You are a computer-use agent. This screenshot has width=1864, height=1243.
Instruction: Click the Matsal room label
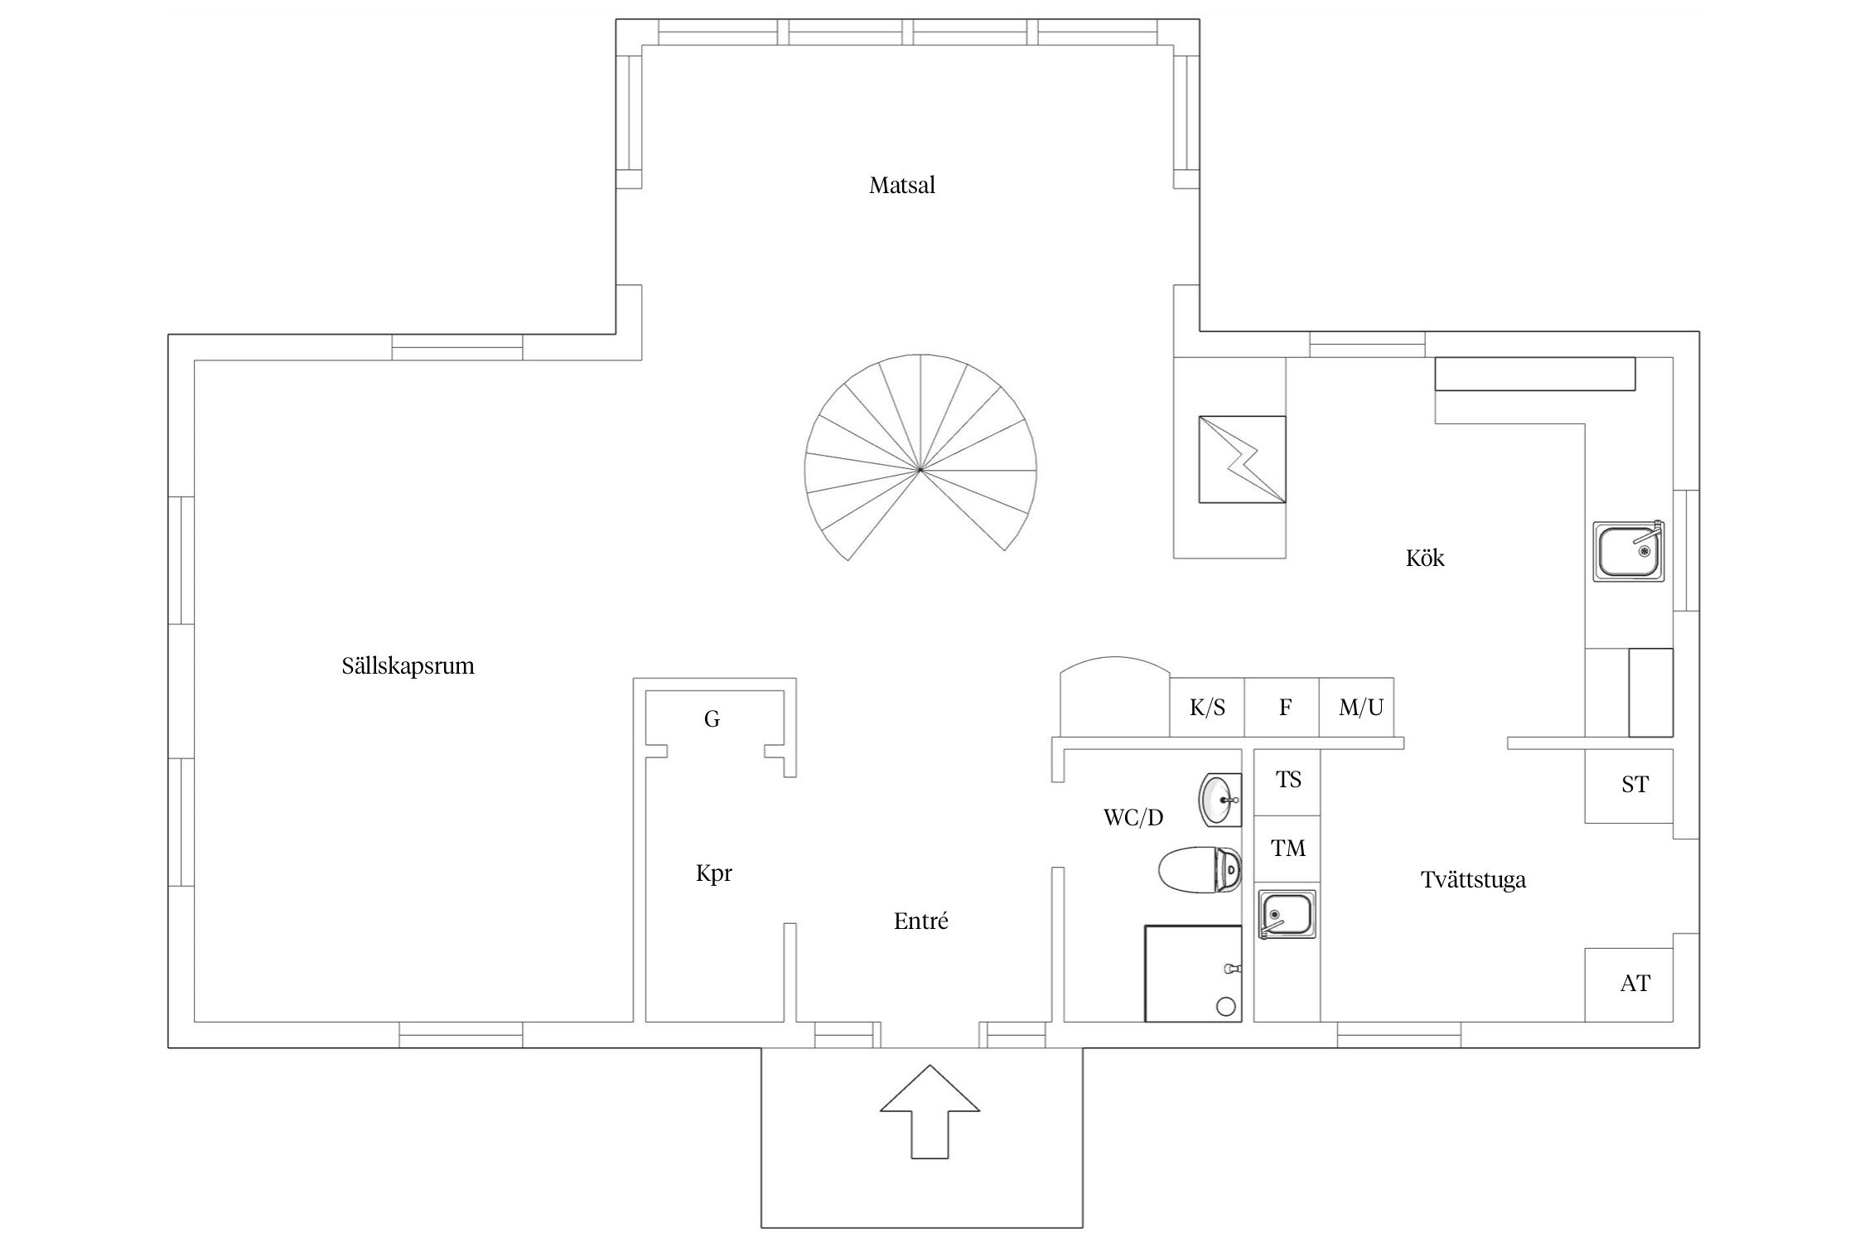coord(901,185)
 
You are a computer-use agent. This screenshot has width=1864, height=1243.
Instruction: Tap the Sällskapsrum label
coord(408,666)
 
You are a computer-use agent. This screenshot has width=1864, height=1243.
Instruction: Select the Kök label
coord(1425,558)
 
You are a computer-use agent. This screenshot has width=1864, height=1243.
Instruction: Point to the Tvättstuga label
coord(1473,879)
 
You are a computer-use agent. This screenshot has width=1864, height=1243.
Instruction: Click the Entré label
coord(920,921)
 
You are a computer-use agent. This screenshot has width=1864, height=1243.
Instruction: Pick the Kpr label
coord(714,873)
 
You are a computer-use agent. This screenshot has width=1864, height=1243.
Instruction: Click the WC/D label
coord(1133,818)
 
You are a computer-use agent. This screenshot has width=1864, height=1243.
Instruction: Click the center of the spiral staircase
coord(920,470)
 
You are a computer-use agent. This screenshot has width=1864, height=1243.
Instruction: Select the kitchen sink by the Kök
coord(1629,551)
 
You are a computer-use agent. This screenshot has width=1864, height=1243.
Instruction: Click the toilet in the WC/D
coord(1200,869)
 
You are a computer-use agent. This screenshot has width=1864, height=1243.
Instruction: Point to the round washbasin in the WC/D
coord(1221,800)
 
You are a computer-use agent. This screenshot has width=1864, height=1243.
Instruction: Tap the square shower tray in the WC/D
coord(1193,974)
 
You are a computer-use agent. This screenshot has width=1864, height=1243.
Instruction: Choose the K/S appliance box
coord(1207,707)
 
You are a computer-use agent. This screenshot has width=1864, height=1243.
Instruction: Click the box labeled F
coord(1282,707)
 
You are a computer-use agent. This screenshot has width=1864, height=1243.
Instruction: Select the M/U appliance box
coord(1356,707)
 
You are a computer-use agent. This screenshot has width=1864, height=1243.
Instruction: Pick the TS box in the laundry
coord(1287,781)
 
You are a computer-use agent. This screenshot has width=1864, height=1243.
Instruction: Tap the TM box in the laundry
coord(1287,849)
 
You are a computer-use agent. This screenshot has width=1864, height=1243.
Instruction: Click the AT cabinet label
coord(1635,984)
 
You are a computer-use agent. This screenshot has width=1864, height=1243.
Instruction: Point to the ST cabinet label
coord(1635,785)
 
